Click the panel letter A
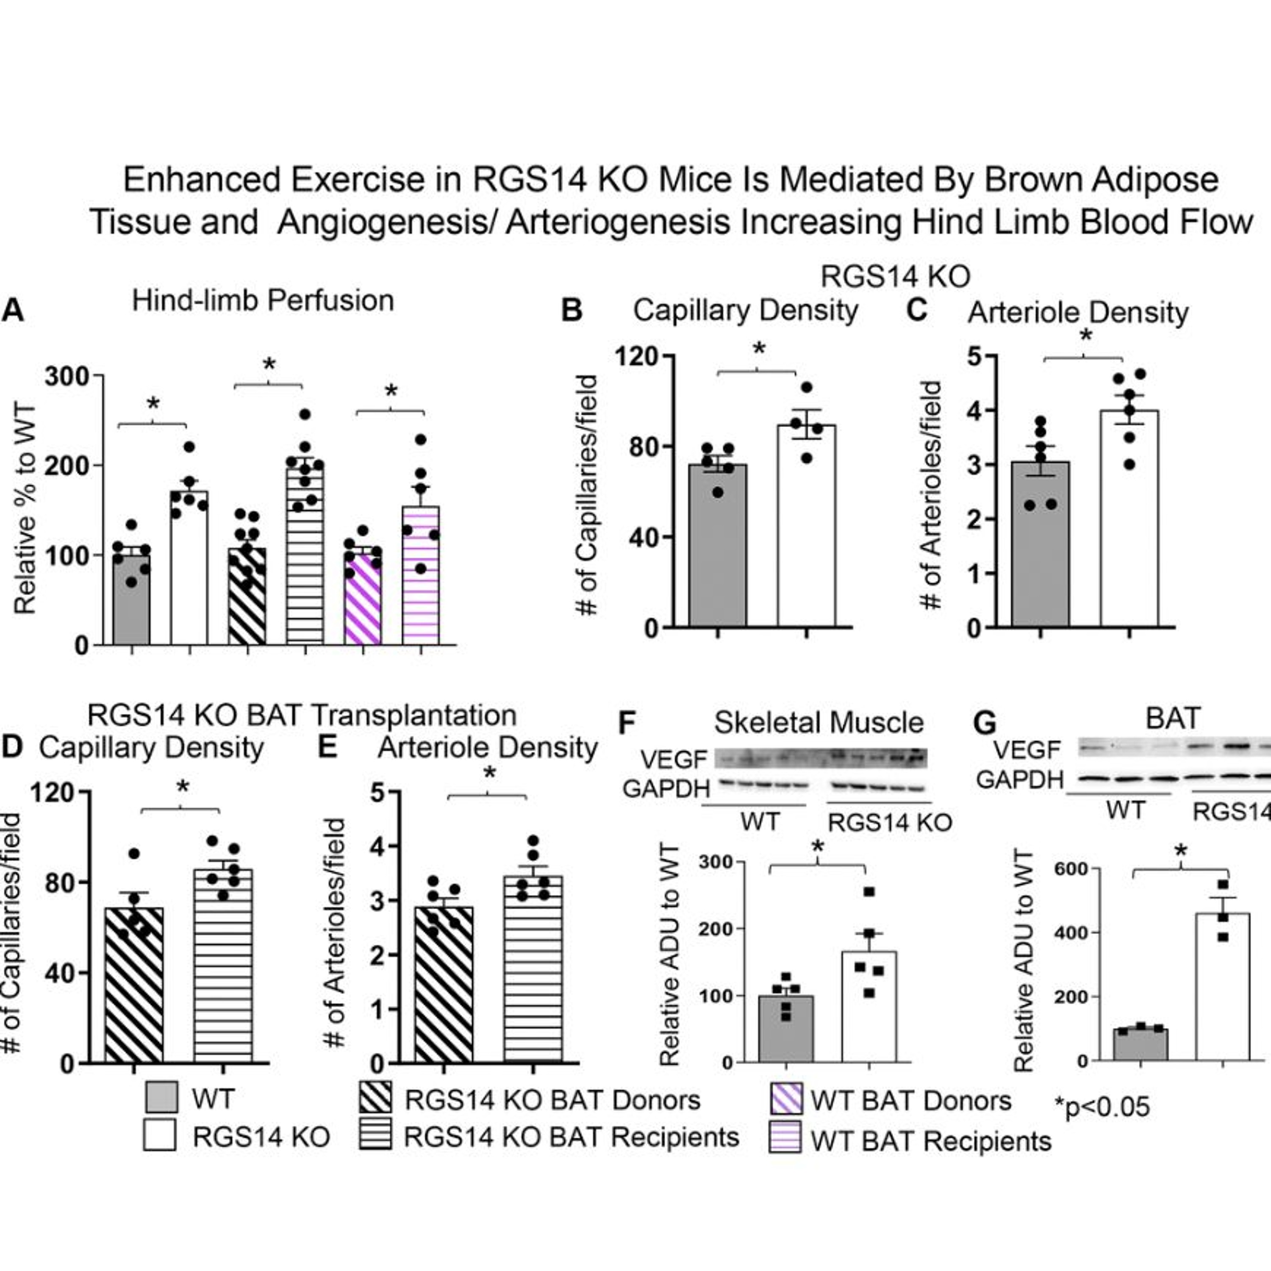(13, 309)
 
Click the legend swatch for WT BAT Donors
(785, 1099)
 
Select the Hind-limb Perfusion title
(263, 301)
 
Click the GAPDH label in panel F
(666, 788)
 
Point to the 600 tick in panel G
(1070, 869)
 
